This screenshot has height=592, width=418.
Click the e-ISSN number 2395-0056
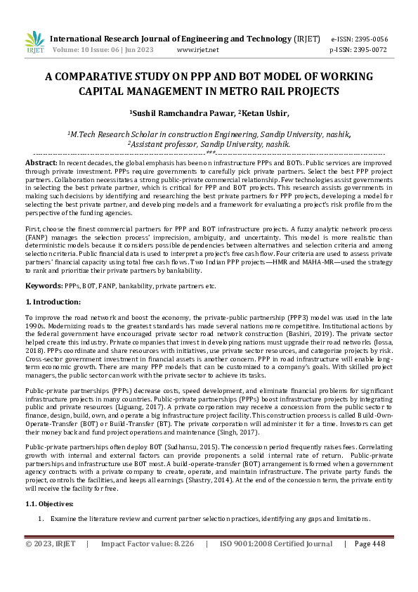point(370,39)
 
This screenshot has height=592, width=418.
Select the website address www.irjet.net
point(198,50)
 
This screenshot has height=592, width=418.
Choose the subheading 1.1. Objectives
point(51,505)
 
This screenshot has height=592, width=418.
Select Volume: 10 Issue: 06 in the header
point(86,50)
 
